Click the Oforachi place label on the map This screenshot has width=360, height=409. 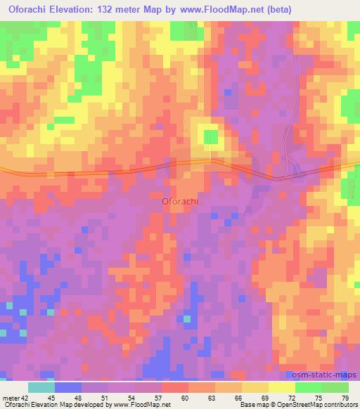coord(179,201)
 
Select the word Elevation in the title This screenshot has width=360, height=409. coord(81,10)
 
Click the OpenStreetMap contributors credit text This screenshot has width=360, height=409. coord(316,405)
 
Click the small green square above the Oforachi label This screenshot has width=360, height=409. coord(210,136)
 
